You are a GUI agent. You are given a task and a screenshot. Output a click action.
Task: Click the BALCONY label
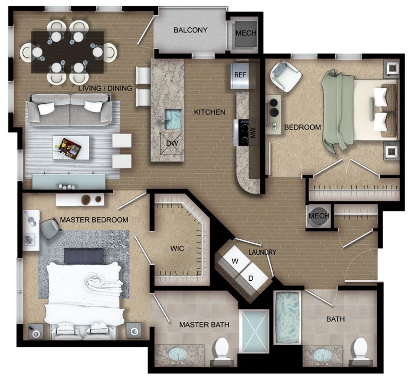(190, 30)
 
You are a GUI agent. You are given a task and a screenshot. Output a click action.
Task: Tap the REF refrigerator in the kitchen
(240, 76)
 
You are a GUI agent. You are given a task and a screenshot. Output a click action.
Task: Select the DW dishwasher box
(172, 143)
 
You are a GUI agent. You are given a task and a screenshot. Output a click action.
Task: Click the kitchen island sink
(173, 119)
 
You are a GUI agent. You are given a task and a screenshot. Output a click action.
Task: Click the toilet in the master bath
(222, 349)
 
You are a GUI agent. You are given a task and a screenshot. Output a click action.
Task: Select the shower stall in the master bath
(254, 331)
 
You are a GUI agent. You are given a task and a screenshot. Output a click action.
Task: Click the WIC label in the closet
(177, 248)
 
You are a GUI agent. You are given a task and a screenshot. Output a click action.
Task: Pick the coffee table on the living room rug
(71, 147)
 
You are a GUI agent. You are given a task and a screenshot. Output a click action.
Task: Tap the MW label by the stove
(253, 133)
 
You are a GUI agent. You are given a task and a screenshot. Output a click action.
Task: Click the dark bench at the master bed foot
(84, 256)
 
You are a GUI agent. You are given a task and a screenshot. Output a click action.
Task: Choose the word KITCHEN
(209, 112)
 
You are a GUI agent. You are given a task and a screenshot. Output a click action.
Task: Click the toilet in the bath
(361, 349)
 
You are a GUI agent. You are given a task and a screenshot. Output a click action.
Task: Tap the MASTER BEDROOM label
(94, 220)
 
